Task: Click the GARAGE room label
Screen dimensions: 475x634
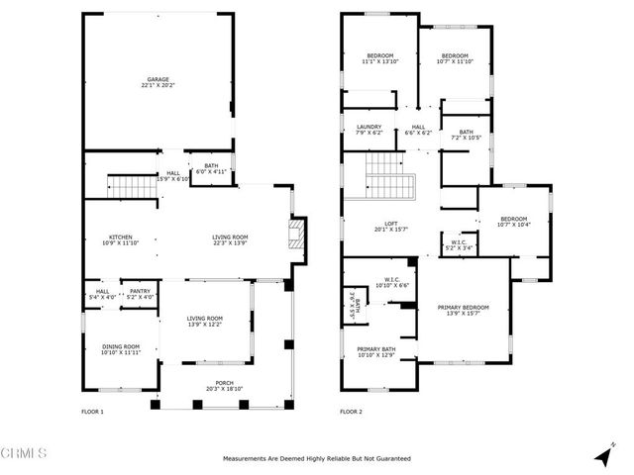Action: (x=158, y=79)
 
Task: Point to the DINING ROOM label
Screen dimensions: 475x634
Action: (x=121, y=346)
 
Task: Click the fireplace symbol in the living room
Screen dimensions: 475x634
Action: (x=292, y=235)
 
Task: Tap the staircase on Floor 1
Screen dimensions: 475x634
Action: (x=127, y=185)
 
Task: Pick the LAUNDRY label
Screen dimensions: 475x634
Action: (x=369, y=128)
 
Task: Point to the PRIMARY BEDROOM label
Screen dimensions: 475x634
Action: (x=465, y=309)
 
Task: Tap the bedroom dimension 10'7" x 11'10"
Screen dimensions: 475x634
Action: (x=454, y=62)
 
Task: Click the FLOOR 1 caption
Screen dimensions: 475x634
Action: (x=91, y=411)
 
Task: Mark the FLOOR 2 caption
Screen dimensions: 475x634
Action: (x=351, y=411)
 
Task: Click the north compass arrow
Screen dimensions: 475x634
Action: (x=602, y=455)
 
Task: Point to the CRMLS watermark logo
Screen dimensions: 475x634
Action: (x=25, y=454)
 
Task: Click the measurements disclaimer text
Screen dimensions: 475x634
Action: (x=317, y=458)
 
